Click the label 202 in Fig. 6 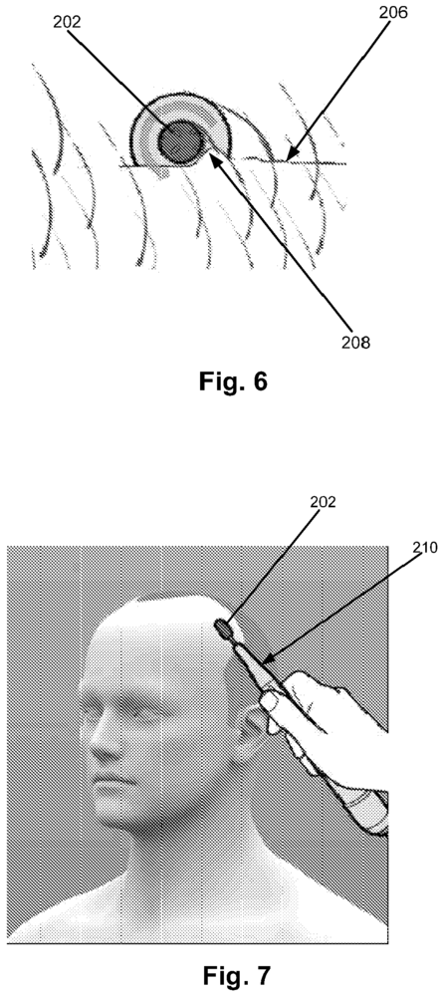pos(68,24)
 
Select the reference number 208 pos(355,343)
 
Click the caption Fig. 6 pos(233,381)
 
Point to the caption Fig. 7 pos(236,974)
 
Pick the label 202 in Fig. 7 pos(324,502)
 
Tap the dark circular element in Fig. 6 pos(180,142)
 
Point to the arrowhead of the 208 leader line pos(213,154)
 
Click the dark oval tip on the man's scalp pos(224,628)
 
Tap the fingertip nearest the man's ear pos(269,702)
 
